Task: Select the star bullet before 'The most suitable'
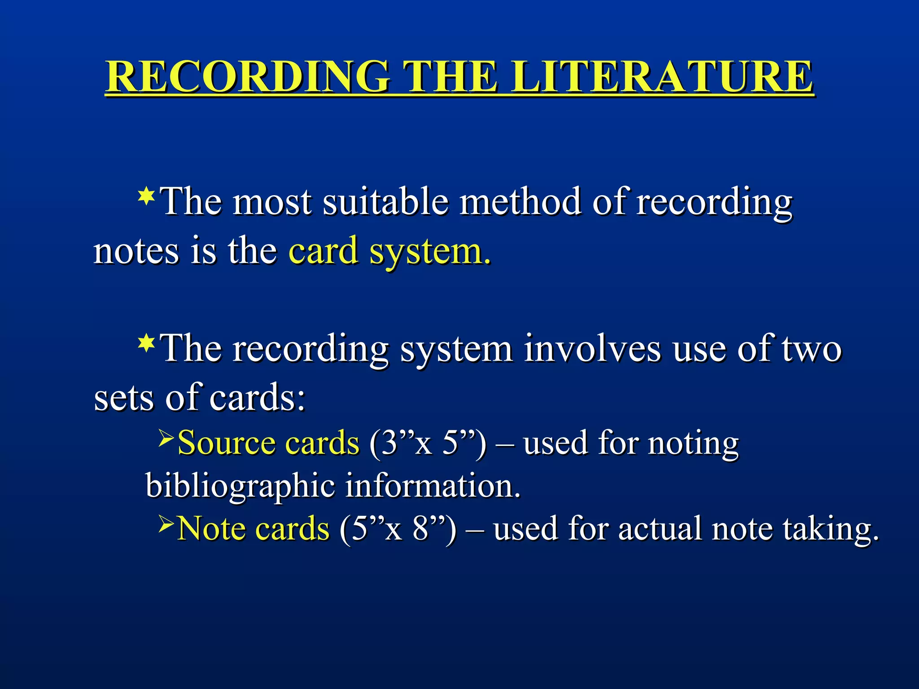tap(146, 197)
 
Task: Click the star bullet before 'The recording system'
tap(146, 343)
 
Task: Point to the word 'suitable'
tap(385, 201)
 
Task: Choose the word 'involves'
tap(592, 349)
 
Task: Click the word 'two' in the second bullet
tap(812, 349)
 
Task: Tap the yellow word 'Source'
tap(227, 443)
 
